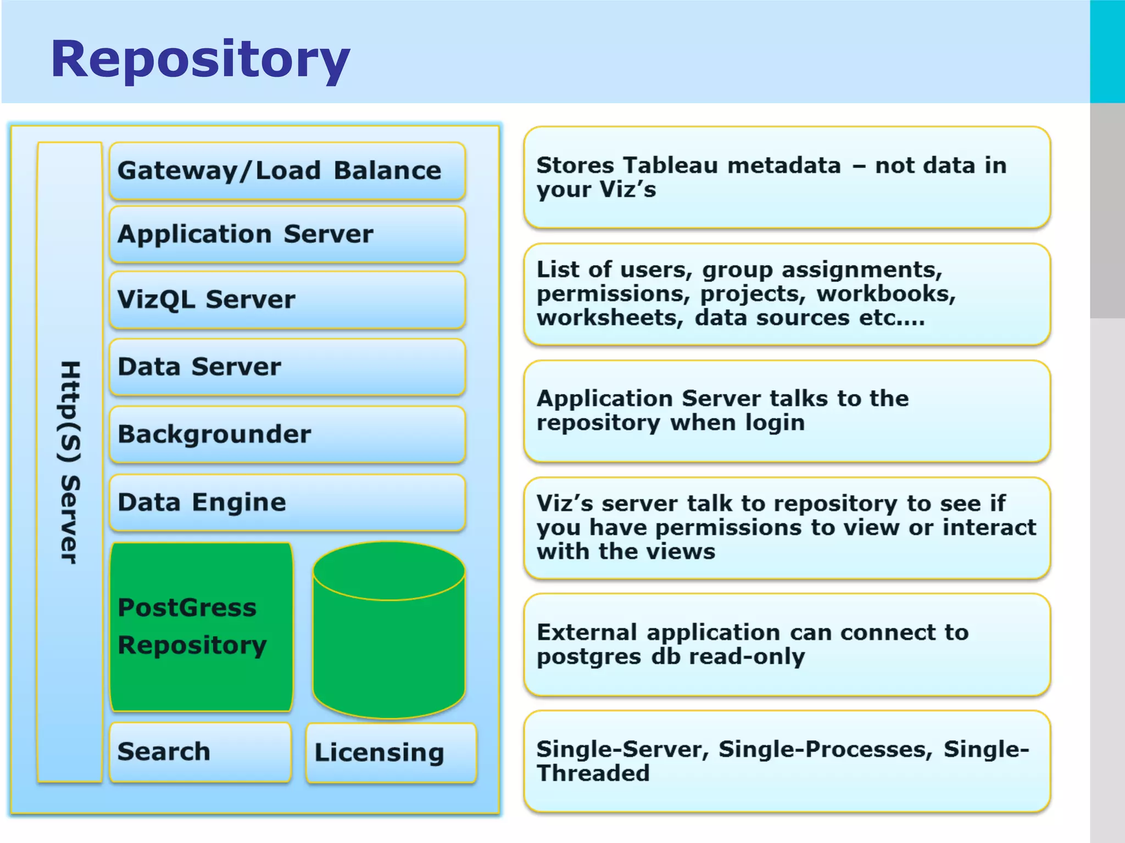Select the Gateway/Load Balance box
287,171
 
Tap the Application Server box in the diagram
287,234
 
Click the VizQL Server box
287,300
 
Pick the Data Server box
287,367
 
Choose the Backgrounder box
287,434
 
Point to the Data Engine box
287,502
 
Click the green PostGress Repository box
201,627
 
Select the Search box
200,752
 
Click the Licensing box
391,752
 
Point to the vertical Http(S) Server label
70,462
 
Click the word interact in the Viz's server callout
989,527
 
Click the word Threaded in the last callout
593,773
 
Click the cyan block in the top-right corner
1107,52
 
